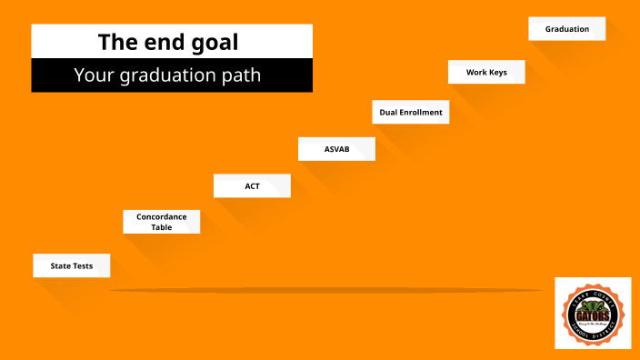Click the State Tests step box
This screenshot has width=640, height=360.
coord(72,265)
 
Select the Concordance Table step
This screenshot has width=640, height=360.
coord(162,222)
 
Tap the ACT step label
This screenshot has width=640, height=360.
coord(252,185)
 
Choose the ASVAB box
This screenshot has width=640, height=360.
coord(336,148)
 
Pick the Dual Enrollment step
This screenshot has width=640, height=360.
coord(411,113)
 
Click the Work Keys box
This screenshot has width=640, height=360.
coord(486,72)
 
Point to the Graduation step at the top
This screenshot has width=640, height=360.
coord(567,29)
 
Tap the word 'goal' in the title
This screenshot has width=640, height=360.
coord(217,42)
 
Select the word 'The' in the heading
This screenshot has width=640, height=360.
coord(118,42)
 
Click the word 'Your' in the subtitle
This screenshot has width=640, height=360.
coord(94,75)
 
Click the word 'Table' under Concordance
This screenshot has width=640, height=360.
coord(162,227)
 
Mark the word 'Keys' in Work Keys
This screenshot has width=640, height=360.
coord(496,72)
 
